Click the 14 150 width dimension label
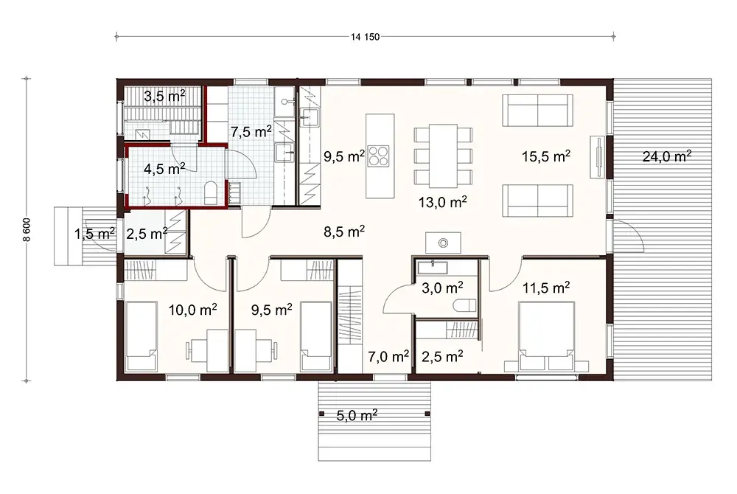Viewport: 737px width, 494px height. [x=366, y=38]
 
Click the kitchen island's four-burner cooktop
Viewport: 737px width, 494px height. [x=380, y=156]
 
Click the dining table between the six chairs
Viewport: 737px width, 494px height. [x=443, y=156]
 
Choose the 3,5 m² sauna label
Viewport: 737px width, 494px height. [x=164, y=96]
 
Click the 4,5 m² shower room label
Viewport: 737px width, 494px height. [x=164, y=169]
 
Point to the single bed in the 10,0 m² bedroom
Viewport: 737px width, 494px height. [x=142, y=336]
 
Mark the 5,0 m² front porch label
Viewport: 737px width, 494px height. [x=357, y=416]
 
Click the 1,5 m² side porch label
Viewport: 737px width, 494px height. [x=94, y=234]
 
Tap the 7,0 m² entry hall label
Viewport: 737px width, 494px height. [x=388, y=358]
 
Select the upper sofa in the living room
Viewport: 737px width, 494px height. [x=537, y=111]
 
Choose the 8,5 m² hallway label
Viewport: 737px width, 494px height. [x=345, y=232]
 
